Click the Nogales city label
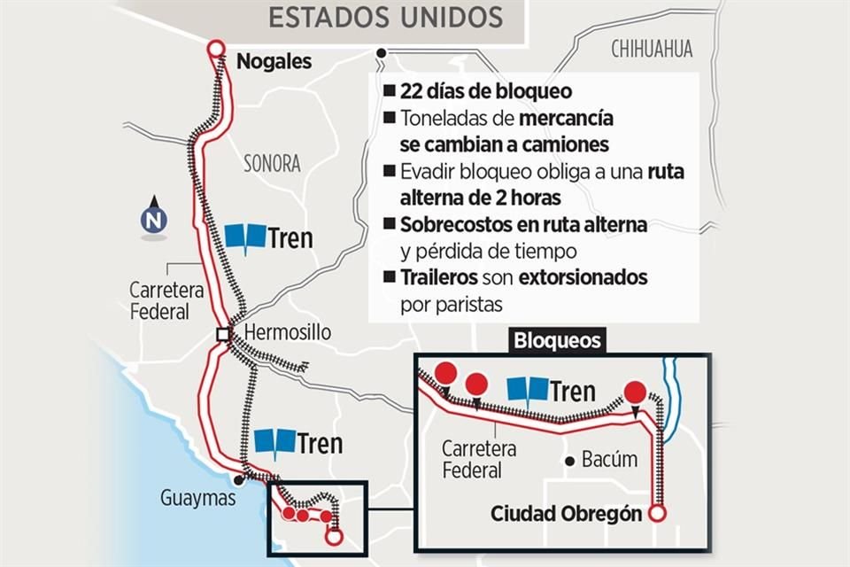click(x=274, y=62)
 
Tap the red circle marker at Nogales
click(x=214, y=50)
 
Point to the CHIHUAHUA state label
click(x=652, y=49)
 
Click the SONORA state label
click(x=272, y=163)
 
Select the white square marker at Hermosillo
click(x=224, y=335)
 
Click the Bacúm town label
click(x=610, y=460)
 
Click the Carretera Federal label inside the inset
click(x=480, y=460)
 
